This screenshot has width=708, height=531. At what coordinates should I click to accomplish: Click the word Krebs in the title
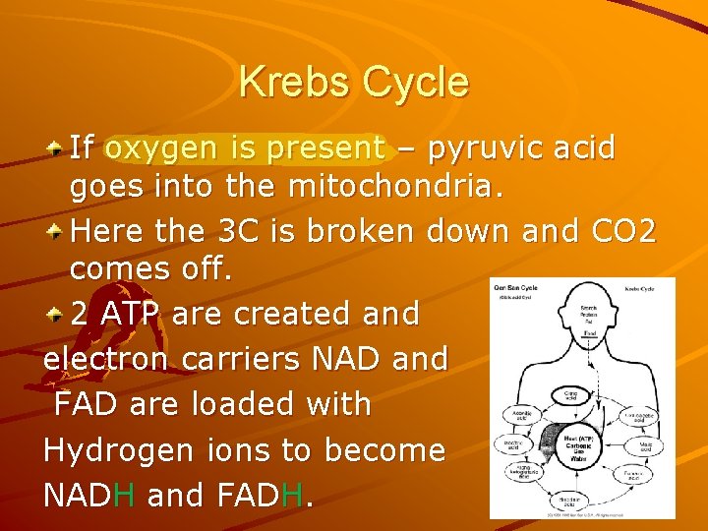point(294,82)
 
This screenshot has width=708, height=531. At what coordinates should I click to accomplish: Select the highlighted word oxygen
point(163,148)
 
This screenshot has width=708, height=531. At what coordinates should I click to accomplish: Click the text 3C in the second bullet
point(230,231)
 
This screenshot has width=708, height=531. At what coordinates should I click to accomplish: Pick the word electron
point(108,359)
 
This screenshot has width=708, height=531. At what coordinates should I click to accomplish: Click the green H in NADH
point(123,496)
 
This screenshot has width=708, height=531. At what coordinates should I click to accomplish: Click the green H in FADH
point(292,496)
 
